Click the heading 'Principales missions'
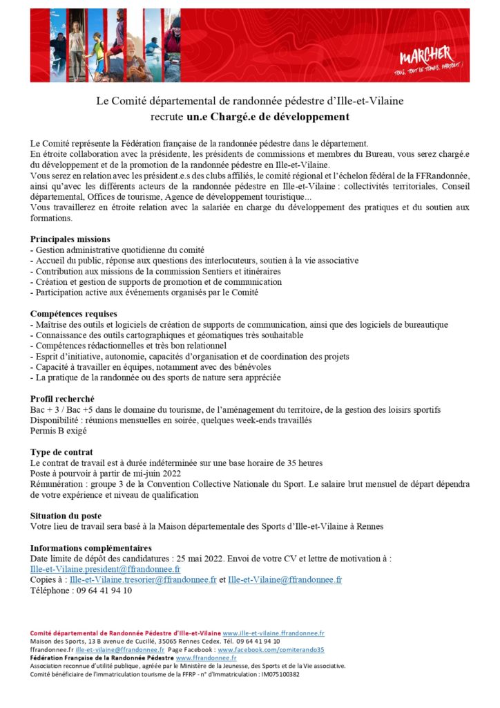pyautogui.click(x=70, y=239)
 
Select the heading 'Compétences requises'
pyautogui.click(x=74, y=314)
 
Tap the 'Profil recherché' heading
pyautogui.click(x=62, y=400)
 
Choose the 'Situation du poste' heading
pyautogui.click(x=66, y=516)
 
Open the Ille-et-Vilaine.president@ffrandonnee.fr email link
pyautogui.click(x=106, y=569)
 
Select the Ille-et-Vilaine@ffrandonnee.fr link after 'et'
pyautogui.click(x=285, y=580)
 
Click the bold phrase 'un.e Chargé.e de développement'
pyautogui.click(x=271, y=116)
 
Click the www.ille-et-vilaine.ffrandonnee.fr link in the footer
pyautogui.click(x=273, y=633)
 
